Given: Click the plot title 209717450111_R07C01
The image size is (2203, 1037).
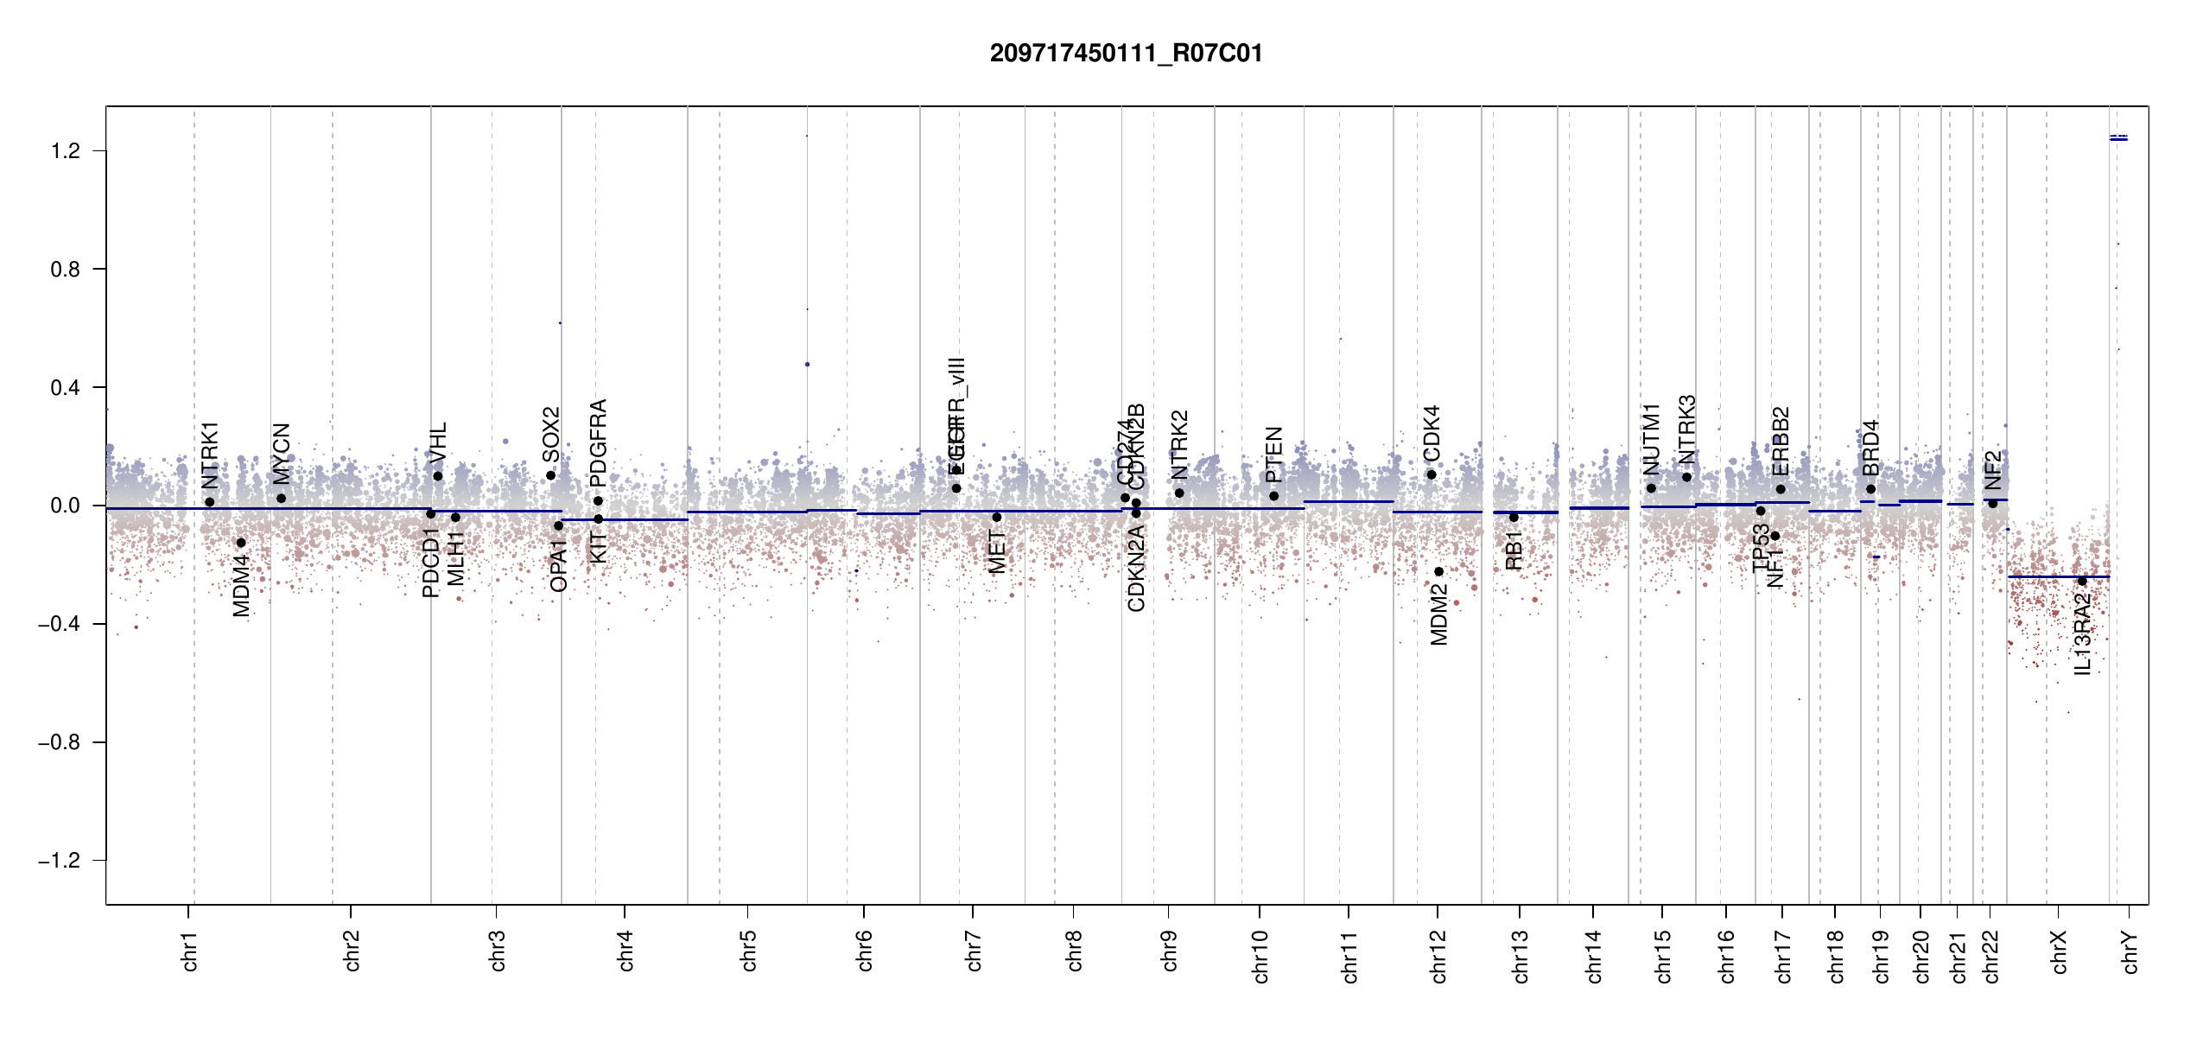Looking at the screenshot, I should (1126, 54).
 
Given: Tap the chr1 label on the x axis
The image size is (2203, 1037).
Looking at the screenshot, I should (190, 951).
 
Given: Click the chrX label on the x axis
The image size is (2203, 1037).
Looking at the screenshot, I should (2060, 951).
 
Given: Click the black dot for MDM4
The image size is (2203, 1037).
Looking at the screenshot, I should (241, 543).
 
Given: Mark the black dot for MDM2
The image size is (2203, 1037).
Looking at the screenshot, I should (1438, 571).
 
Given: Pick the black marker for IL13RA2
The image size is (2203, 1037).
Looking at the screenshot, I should (2082, 582).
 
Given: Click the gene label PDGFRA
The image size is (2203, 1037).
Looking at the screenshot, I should (598, 442).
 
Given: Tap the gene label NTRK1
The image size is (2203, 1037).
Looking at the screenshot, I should (210, 455).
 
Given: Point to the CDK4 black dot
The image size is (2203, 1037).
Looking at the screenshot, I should (1432, 474).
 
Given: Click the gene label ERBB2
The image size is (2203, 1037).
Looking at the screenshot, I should (1781, 441).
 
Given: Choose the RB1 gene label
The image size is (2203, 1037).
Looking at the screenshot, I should (1514, 550).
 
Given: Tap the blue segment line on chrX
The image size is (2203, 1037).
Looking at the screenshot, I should (2056, 576).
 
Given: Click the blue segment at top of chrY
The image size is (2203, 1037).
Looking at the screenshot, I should (2118, 138).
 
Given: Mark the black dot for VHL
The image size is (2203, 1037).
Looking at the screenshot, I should (438, 476).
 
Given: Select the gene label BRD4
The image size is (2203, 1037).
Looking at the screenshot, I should (1870, 449).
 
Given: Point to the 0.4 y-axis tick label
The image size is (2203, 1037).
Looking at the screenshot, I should (65, 388).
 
